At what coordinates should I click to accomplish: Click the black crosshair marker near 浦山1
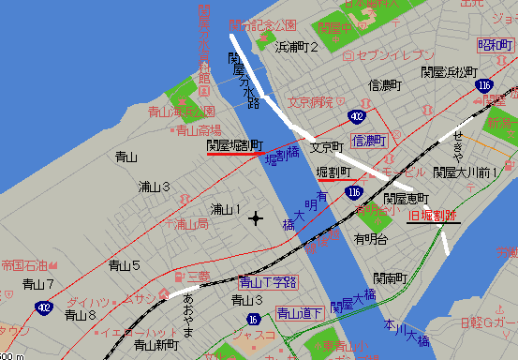tap(256, 218)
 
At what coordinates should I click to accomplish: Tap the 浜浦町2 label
tap(297, 47)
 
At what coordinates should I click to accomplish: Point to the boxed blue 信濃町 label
tap(369, 140)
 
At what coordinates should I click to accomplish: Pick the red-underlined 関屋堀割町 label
tap(234, 146)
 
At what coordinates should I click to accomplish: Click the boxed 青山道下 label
tap(299, 313)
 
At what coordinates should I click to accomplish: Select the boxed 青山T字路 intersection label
tap(268, 281)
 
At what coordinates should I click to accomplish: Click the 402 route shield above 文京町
tap(357, 116)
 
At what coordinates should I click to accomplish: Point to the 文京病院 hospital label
tap(311, 101)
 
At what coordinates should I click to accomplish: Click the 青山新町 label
tap(156, 344)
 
